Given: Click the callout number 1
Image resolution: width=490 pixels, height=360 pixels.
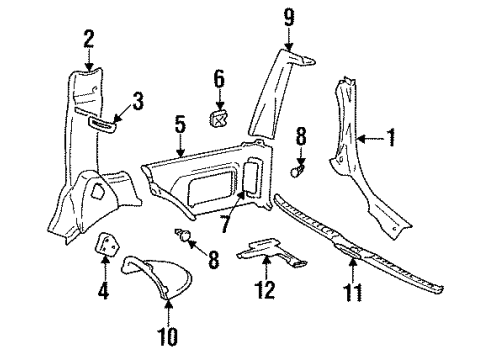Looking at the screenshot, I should pyautogui.click(x=392, y=139).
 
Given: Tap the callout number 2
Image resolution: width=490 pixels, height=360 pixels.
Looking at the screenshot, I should pyautogui.click(x=88, y=40).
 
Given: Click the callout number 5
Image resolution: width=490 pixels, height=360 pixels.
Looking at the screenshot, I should pyautogui.click(x=180, y=125).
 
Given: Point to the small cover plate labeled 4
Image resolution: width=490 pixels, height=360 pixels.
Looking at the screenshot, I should pyautogui.click(x=107, y=245).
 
